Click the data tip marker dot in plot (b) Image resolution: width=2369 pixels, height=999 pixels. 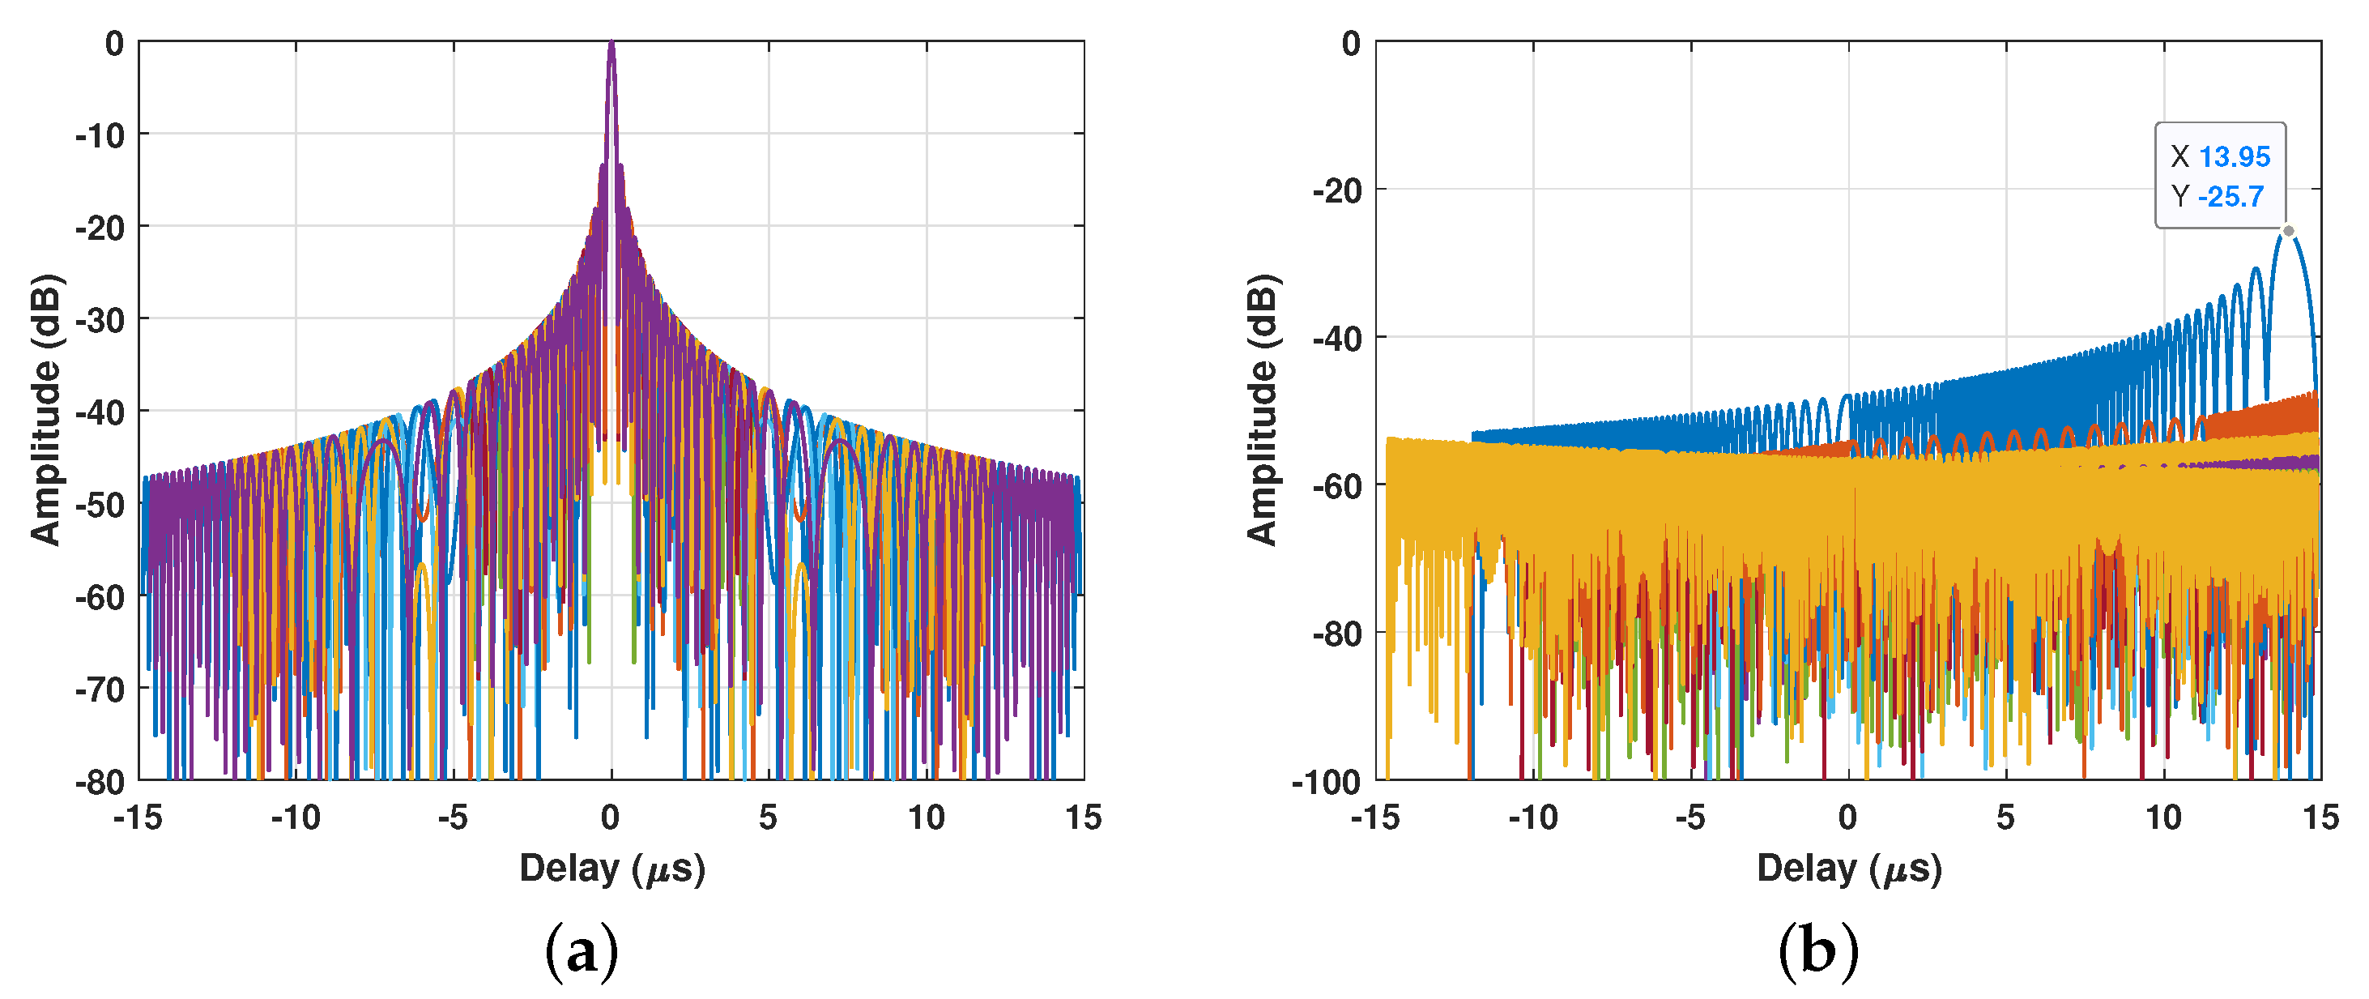click(2288, 231)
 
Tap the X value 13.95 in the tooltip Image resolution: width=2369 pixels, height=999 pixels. click(2235, 156)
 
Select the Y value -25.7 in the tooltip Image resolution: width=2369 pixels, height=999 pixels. click(2231, 196)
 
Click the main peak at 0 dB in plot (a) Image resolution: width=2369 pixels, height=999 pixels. click(611, 43)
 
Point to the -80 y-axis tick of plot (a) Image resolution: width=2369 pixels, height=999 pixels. click(100, 782)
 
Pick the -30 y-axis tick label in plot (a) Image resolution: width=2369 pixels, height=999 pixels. click(100, 320)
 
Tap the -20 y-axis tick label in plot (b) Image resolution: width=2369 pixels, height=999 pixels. click(1337, 191)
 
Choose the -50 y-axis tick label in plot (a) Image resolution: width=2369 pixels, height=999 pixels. click(100, 505)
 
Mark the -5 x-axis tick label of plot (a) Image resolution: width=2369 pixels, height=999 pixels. click(453, 817)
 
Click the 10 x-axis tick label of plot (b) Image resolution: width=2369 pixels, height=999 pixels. click(2163, 817)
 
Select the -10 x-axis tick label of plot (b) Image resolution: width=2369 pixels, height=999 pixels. click(1533, 817)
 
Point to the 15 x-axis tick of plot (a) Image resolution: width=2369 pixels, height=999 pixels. click(1084, 817)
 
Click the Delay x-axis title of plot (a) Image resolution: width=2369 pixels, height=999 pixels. click(611, 869)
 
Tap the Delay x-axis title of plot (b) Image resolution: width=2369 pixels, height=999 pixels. click(1848, 869)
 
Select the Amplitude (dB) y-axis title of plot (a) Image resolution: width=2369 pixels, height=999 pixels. click(45, 410)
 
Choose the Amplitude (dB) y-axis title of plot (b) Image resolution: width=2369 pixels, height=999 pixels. click(1262, 410)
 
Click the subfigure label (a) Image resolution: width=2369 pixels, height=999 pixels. click(582, 951)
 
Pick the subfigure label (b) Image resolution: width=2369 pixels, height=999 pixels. click(1818, 951)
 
